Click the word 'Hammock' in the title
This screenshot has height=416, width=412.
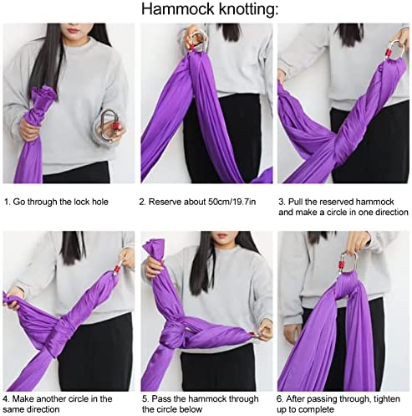178,9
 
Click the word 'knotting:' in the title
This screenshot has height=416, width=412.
248,10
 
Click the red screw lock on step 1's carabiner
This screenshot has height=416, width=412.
115,127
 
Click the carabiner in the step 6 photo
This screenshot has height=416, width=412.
348,262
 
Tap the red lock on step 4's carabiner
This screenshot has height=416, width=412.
117,269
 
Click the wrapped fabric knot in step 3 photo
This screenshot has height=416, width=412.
339,143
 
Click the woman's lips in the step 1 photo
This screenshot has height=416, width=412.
73,30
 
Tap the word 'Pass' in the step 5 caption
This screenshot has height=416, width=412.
160,399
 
